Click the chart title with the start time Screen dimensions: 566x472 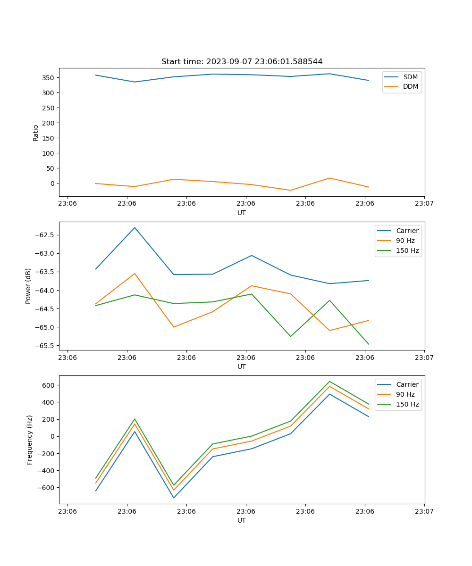[242, 62]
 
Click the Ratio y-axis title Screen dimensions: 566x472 [36, 133]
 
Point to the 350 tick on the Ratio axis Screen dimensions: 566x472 [49, 78]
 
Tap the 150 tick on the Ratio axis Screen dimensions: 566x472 [49, 138]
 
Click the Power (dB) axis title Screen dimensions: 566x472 [28, 286]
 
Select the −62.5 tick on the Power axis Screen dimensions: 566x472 [45, 235]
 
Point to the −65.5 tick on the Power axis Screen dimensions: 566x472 [45, 346]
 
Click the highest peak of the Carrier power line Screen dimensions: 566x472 [135, 228]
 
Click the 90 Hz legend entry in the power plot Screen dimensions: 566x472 [405, 241]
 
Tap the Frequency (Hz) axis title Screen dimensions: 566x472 [30, 440]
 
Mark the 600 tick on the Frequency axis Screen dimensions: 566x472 [49, 385]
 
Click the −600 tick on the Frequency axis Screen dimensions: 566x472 [47, 488]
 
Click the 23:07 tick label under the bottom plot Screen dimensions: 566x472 [424, 511]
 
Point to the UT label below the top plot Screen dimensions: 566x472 [242, 213]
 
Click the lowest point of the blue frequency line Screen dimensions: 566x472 [174, 498]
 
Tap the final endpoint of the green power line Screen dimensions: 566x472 [369, 344]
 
